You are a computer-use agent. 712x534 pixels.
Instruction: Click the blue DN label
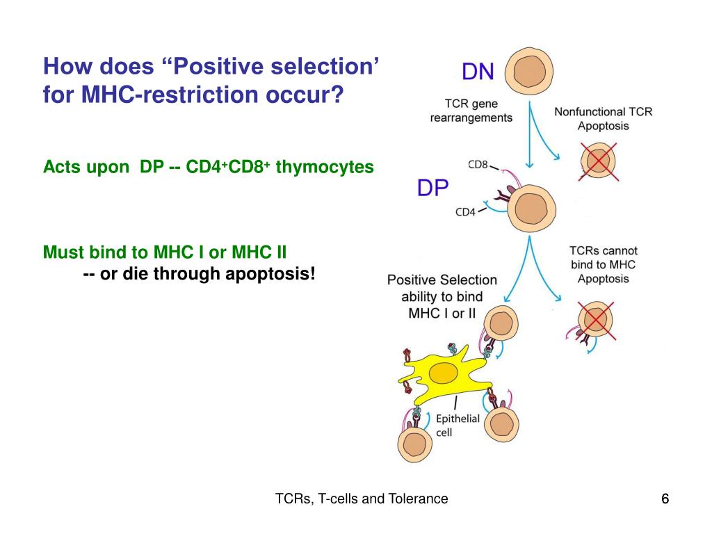click(x=479, y=72)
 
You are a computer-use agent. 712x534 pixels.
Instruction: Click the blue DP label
click(x=432, y=188)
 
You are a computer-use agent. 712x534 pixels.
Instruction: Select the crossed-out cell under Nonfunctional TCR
click(x=597, y=161)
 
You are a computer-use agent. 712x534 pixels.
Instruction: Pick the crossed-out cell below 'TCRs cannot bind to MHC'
click(x=597, y=321)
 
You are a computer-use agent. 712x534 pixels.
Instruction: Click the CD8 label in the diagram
click(x=478, y=165)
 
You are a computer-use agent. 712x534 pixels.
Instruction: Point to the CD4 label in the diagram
click(x=465, y=212)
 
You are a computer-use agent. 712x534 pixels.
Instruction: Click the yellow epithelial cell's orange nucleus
click(x=443, y=374)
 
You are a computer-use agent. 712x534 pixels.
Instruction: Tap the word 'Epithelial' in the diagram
click(x=458, y=418)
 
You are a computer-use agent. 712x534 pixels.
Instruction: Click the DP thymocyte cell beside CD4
click(x=532, y=208)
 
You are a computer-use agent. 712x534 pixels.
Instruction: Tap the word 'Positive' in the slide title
click(x=224, y=67)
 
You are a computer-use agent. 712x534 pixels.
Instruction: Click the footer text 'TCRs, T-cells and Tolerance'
click(x=362, y=499)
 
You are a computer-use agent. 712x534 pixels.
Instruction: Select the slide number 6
click(x=665, y=499)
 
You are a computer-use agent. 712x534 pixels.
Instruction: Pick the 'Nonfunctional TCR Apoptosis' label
click(x=603, y=118)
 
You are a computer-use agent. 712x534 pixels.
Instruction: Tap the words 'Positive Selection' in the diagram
click(x=442, y=280)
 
